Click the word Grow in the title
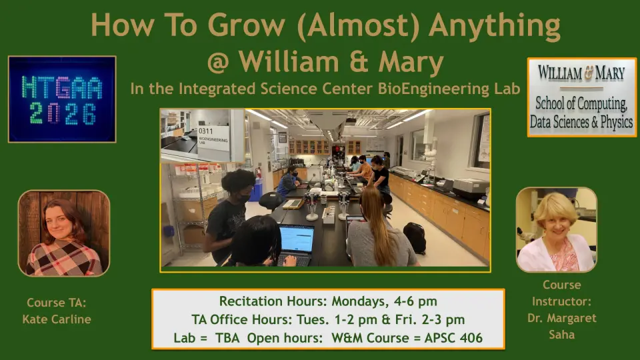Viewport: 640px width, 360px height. click(247, 25)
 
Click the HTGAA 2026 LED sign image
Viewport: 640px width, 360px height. click(62, 99)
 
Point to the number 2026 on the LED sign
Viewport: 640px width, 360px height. click(63, 114)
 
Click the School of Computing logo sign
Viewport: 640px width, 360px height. click(581, 97)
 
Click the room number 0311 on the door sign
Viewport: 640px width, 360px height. click(206, 131)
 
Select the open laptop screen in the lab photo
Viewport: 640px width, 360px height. click(297, 239)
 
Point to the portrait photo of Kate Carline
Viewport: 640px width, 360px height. click(64, 233)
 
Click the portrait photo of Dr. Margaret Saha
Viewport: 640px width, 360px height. click(556, 230)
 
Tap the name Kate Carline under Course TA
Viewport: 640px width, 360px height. click(57, 319)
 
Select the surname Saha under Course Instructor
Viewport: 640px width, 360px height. click(561, 335)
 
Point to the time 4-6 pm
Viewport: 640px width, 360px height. click(415, 301)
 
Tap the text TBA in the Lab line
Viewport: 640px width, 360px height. click(227, 338)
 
